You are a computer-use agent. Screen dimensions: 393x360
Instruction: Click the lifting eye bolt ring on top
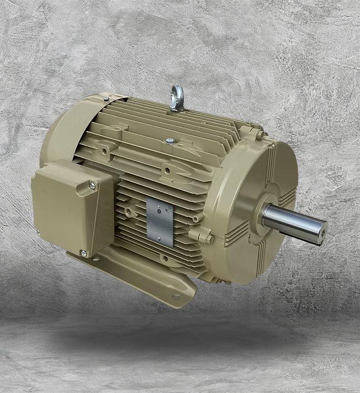point(177,92)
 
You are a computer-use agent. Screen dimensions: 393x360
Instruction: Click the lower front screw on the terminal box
point(84,254)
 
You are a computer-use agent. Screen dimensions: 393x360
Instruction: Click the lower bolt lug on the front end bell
point(209,238)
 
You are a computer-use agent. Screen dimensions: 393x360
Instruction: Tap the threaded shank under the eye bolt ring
point(177,105)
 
